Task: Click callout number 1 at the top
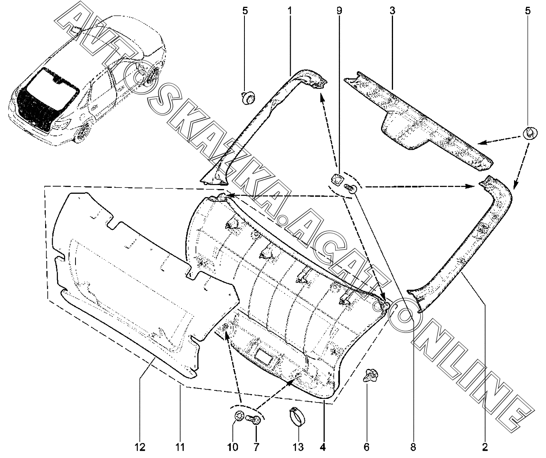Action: coord(290,11)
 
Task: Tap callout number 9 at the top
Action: coord(339,11)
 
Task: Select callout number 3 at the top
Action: coord(392,11)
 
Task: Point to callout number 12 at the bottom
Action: coord(140,447)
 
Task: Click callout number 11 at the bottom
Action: coord(180,447)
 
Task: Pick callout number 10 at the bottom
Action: coord(233,447)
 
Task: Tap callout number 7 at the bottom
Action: coord(256,447)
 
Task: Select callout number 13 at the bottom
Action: coord(298,447)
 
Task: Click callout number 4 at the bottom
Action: coord(323,447)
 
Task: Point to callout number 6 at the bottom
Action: coord(366,447)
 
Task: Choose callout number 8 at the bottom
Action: coord(413,447)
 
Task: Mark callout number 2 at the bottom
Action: coord(485,447)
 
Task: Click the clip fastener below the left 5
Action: coord(248,98)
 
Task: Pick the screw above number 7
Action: coord(254,420)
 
